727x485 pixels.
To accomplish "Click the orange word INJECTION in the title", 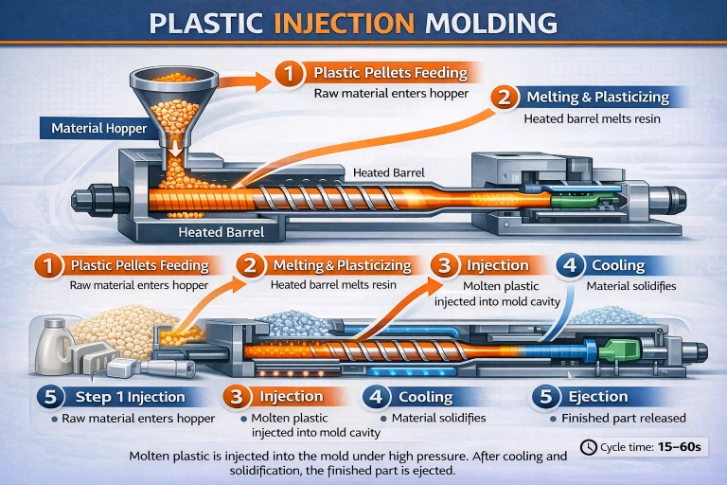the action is click(x=344, y=23).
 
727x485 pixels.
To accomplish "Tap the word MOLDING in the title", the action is click(x=490, y=23).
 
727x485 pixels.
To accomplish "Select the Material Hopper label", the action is click(x=98, y=128).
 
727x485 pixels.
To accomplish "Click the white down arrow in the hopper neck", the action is click(x=175, y=148).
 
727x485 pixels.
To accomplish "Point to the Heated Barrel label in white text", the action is click(x=222, y=232).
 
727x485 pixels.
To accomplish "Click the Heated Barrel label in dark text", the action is click(x=388, y=172).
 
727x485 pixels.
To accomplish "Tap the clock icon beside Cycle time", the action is click(x=589, y=447).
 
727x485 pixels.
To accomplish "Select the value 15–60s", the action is click(x=680, y=447).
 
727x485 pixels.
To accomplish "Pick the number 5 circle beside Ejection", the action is click(x=545, y=396).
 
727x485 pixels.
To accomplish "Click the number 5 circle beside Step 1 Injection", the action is click(x=50, y=397).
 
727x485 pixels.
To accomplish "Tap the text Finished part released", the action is click(x=624, y=418).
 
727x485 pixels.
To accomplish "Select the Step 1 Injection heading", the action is click(x=130, y=397).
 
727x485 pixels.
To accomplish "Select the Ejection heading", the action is click(x=598, y=396).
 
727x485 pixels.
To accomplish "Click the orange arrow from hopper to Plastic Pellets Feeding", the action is click(x=244, y=81).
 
